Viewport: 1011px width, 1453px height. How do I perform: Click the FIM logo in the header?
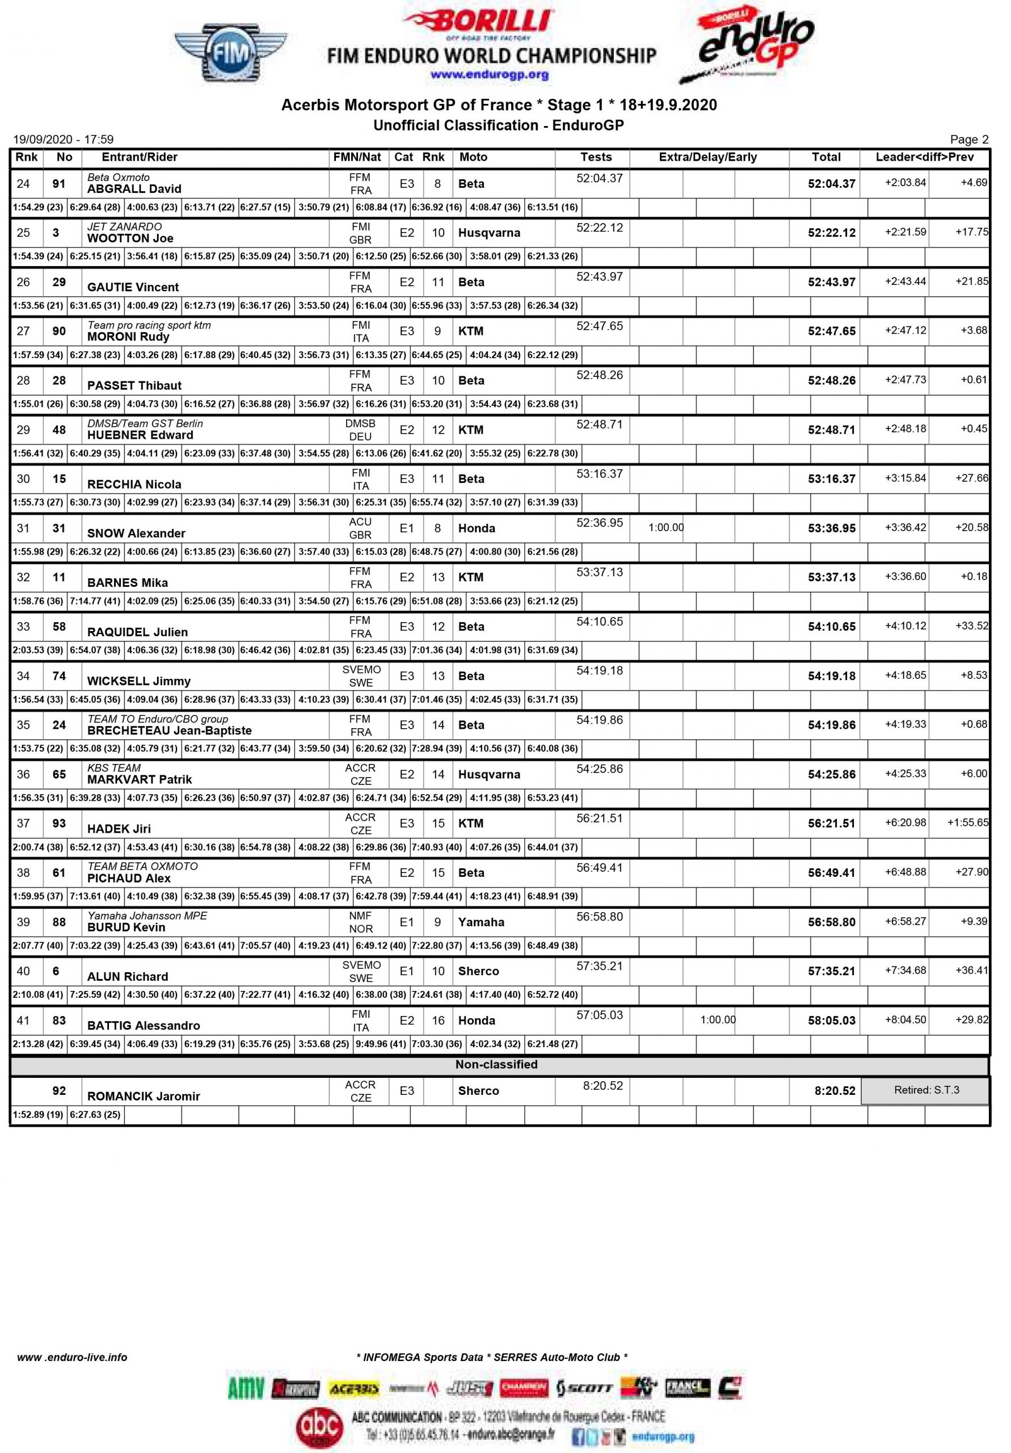tap(230, 53)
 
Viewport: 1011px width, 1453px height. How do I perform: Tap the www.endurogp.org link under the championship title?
tap(489, 75)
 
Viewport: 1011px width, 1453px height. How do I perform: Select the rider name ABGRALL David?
tap(134, 188)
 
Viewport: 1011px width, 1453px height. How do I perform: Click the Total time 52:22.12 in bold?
tap(831, 233)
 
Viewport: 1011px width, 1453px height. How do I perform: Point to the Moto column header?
tap(473, 157)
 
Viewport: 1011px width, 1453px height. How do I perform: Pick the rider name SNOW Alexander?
tap(136, 534)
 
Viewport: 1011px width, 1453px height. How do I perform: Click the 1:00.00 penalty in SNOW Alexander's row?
tap(665, 527)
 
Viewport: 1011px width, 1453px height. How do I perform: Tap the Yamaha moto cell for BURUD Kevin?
tap(481, 922)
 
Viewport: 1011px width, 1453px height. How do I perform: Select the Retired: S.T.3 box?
tap(925, 1090)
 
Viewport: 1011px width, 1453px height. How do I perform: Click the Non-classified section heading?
tap(496, 1064)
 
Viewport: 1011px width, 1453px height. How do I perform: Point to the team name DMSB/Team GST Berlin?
tap(145, 423)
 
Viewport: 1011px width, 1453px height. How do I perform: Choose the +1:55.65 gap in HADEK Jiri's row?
tap(967, 822)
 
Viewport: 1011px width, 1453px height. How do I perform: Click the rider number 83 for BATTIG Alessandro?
tap(59, 1020)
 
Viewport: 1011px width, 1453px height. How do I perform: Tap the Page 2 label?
tap(968, 139)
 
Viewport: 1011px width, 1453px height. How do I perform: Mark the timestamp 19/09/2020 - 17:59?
tap(64, 139)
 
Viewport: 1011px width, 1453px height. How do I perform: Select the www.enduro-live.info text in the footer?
tap(72, 1357)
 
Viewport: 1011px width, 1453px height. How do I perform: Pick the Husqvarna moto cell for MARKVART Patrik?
tap(489, 775)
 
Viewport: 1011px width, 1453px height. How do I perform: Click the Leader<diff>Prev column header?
tap(924, 157)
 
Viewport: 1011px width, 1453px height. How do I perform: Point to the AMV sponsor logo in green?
tap(246, 1388)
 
